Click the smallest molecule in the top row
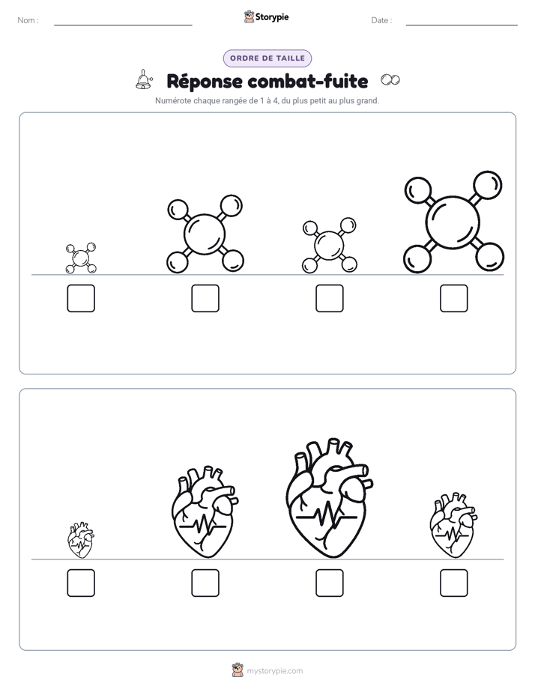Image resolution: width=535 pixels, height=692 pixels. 81,258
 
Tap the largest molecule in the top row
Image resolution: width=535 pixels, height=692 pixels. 453,222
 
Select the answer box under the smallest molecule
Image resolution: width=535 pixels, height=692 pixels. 81,298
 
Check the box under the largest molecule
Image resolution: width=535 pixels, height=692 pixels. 454,298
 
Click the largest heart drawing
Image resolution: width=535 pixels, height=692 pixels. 329,498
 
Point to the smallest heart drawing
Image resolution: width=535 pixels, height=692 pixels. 81,540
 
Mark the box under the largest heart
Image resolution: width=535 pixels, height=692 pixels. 330,583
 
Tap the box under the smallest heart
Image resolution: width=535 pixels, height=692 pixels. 81,583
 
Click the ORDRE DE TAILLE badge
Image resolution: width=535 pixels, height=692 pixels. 267,58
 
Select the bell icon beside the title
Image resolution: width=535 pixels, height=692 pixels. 144,80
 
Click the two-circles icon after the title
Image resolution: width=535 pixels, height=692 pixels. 390,80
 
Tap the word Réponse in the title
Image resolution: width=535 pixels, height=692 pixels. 205,81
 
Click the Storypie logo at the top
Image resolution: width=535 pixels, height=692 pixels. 266,17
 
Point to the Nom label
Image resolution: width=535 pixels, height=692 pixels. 28,20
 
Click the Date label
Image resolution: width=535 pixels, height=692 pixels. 381,20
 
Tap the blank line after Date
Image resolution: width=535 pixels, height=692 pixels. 462,25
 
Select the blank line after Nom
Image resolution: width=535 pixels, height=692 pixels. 123,25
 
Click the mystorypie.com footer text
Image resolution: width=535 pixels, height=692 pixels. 274,671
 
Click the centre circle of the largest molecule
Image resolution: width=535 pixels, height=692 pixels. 453,222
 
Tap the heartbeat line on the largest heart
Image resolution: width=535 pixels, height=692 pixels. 326,515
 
